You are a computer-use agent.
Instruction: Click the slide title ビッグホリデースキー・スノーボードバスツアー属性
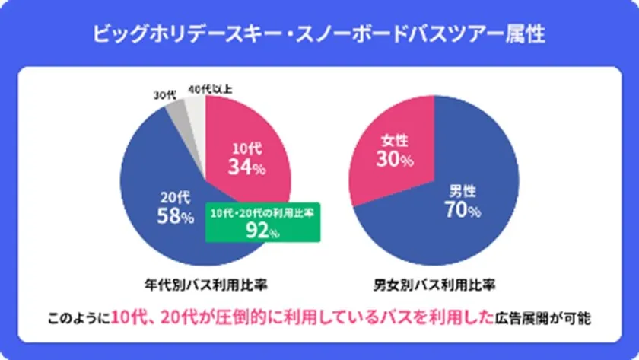(319, 35)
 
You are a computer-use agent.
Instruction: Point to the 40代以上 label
(210, 89)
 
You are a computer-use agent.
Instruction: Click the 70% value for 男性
(461, 210)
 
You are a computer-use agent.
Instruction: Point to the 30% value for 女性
(393, 160)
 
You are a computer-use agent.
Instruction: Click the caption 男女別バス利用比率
(434, 285)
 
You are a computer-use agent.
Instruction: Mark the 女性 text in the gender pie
(393, 141)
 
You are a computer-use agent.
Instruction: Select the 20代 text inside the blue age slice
(175, 197)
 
